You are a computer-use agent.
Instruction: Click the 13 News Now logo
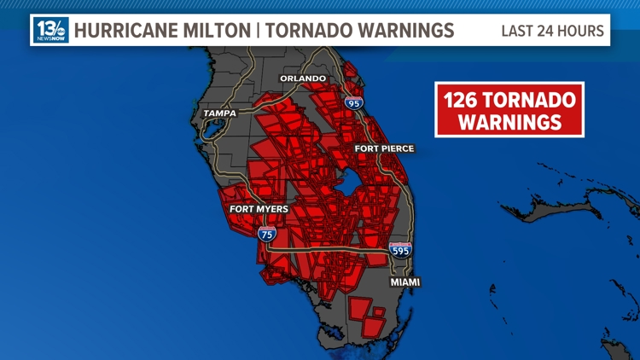click(x=50, y=31)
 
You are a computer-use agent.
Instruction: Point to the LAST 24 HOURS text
click(x=552, y=32)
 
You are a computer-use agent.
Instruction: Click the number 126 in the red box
click(x=466, y=101)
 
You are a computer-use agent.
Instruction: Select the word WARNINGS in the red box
click(x=509, y=122)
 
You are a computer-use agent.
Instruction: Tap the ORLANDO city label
click(x=303, y=78)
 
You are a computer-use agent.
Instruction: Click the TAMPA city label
click(x=219, y=113)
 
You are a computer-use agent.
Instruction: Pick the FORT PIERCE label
click(x=384, y=148)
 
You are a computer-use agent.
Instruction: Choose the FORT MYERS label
click(x=259, y=209)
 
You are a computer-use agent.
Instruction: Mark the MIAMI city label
click(x=405, y=282)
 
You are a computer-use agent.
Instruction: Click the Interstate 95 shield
click(x=353, y=102)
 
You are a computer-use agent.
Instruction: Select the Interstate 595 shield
click(x=399, y=250)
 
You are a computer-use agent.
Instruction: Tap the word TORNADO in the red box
click(x=533, y=101)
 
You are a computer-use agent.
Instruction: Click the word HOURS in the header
click(x=581, y=32)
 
